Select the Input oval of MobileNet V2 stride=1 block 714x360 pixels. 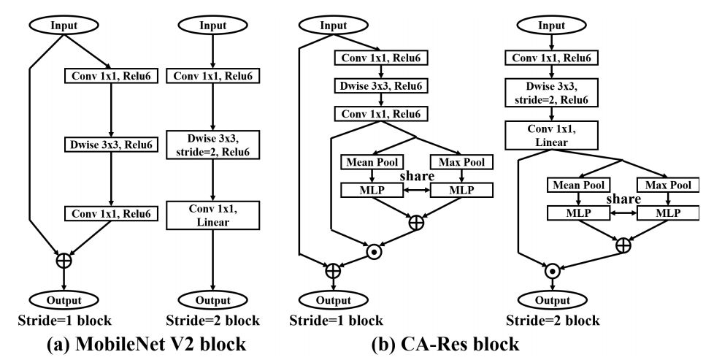[x=64, y=25]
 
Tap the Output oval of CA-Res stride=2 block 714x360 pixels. [x=553, y=300]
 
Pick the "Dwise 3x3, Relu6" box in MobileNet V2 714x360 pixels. [x=110, y=145]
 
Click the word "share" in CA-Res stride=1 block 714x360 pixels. [x=416, y=176]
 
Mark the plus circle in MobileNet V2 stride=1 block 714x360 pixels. [x=64, y=259]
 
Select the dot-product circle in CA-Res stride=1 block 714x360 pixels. [x=374, y=250]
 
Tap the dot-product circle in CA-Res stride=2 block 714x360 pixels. [x=553, y=271]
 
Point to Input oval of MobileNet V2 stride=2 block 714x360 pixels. [x=212, y=25]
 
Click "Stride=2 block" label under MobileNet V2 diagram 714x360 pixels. [x=212, y=320]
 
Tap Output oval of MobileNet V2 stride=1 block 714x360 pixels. [x=64, y=299]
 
